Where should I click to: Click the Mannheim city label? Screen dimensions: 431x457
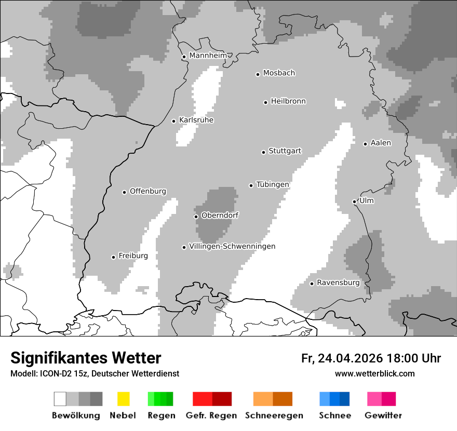[x=208, y=56]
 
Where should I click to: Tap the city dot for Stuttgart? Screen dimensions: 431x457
[x=263, y=152]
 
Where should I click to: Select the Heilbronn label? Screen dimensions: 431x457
[x=288, y=101]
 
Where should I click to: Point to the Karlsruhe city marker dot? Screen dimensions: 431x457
[x=174, y=121]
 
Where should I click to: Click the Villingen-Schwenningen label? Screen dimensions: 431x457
[x=232, y=246]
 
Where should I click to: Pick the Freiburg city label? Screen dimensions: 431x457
[x=133, y=255]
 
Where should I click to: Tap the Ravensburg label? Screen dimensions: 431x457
[x=338, y=282]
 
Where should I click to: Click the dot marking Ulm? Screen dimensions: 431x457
[x=354, y=201]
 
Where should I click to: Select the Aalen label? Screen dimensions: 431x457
[x=381, y=143]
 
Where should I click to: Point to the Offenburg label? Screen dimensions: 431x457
[x=148, y=191]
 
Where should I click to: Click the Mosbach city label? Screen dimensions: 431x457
[x=279, y=73]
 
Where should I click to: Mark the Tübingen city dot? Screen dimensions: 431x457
[x=251, y=185]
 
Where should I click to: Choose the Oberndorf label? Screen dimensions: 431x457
[x=220, y=215]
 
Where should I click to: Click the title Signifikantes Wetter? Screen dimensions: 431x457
[x=86, y=358]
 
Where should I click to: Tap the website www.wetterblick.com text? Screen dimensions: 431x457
[x=374, y=373]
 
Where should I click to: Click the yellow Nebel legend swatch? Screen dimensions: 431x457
[x=124, y=399]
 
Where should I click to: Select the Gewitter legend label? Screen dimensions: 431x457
[x=383, y=415]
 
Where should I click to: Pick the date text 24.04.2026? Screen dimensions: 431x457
[x=350, y=358]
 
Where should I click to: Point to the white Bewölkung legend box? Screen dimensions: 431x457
[x=60, y=399]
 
